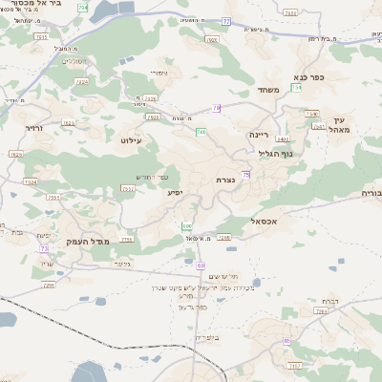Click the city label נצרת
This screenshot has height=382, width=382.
[225, 180]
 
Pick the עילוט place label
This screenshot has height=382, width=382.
[131, 140]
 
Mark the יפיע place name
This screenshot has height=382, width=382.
[175, 193]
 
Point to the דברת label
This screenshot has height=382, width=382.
[331, 302]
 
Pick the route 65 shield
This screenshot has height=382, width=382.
[286, 340]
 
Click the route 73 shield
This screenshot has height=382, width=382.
[44, 248]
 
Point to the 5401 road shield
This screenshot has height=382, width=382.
[283, 139]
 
